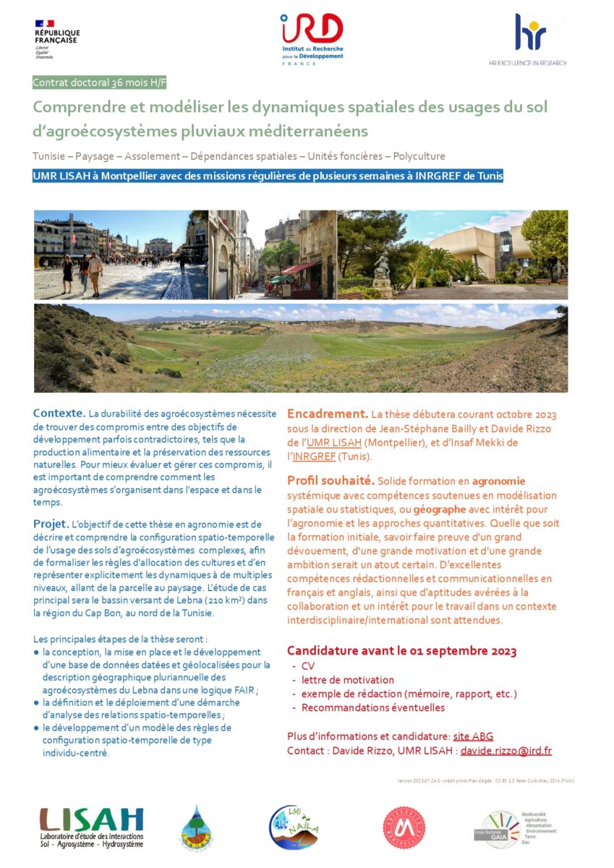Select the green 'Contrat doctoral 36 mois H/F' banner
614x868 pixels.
100,83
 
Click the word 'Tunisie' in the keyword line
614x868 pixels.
51,156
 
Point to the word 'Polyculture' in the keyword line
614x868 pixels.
421,156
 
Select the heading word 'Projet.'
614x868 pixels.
51,524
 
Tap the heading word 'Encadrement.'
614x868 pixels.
328,414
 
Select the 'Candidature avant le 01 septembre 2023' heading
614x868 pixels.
401,651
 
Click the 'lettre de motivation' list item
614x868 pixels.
348,680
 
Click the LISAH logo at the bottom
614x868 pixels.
91,825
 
